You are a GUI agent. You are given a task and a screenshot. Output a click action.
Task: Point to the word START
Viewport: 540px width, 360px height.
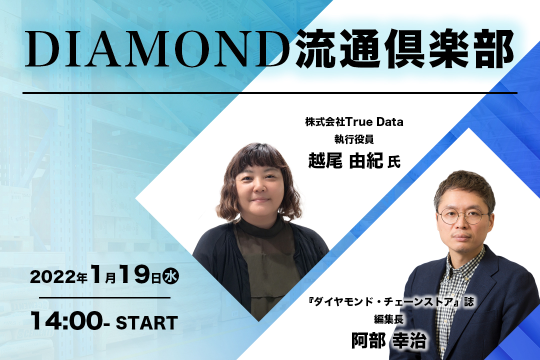[x=146, y=323]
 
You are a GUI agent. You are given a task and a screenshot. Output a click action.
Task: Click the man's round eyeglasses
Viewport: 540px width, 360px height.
[x=463, y=216]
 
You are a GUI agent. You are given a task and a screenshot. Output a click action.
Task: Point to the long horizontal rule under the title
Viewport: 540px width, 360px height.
[x=270, y=92]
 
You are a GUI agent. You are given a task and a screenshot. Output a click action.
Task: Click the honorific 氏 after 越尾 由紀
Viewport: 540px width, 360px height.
[x=394, y=162]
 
